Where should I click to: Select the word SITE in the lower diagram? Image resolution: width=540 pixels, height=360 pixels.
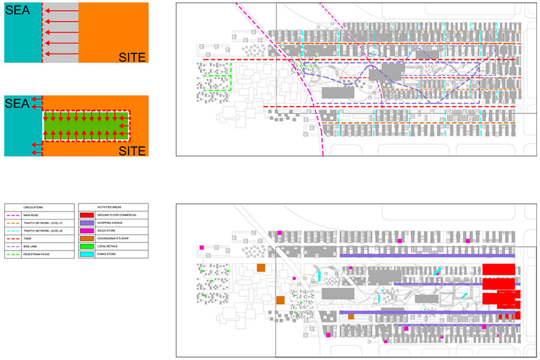pos(132,151)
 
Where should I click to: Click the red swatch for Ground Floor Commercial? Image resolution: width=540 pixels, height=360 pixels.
pos(86,215)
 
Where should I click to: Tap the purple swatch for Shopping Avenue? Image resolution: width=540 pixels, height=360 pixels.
pos(86,223)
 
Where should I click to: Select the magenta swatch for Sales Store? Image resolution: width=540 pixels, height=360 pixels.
pos(86,230)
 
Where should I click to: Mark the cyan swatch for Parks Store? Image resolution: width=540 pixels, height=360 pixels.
pos(86,255)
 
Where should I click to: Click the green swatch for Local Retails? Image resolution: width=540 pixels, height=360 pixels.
pos(86,247)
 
